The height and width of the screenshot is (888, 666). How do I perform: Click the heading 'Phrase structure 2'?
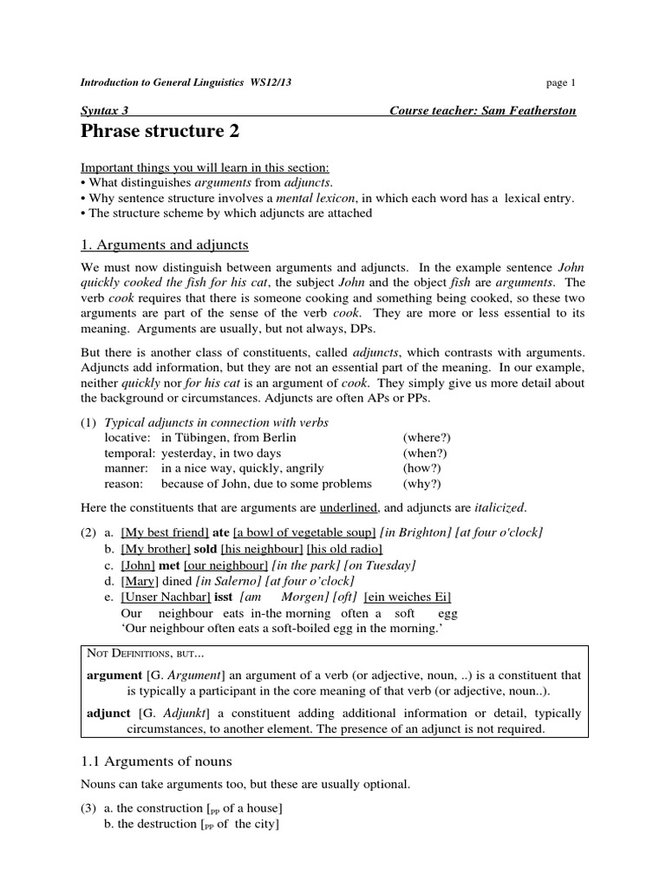[160, 132]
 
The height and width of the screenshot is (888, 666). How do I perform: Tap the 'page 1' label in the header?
[560, 83]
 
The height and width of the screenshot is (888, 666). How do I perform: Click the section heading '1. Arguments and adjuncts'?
[165, 245]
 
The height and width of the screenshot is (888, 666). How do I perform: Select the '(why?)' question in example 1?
[421, 484]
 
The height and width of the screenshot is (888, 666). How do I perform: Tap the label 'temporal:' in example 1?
[130, 453]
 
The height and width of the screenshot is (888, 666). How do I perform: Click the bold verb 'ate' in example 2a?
[221, 532]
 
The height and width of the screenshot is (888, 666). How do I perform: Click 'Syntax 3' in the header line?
[105, 112]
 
